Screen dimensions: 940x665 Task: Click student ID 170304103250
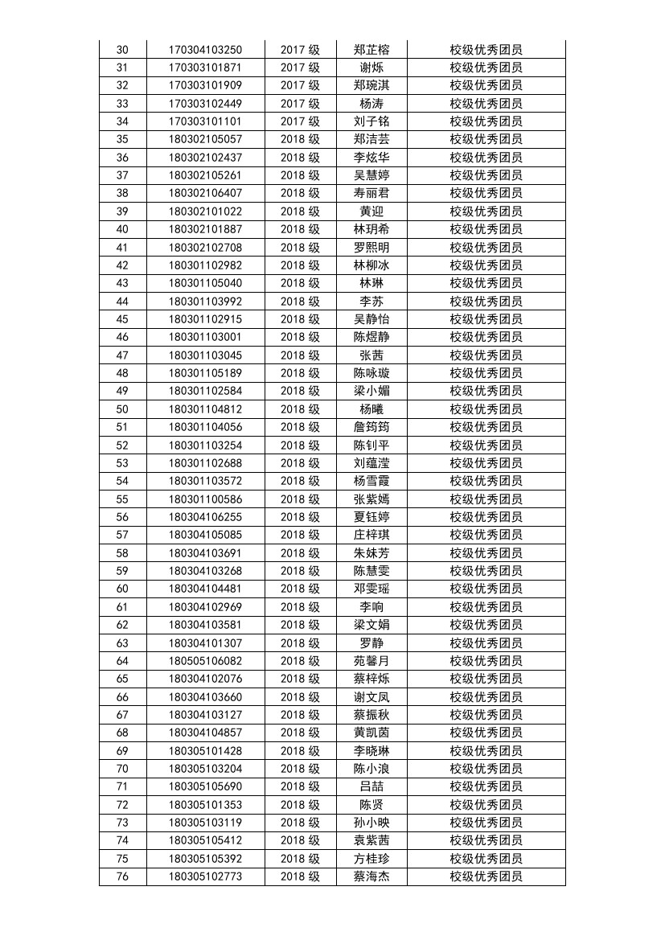pos(205,50)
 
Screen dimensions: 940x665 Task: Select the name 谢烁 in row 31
pos(371,68)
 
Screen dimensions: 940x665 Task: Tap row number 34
pos(122,121)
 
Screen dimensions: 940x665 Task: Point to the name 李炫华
pos(371,158)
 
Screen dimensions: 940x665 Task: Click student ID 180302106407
pos(205,193)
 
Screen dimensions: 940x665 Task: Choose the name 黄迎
pos(371,211)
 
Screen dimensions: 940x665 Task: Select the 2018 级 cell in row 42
pos(300,265)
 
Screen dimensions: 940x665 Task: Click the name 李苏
pos(371,302)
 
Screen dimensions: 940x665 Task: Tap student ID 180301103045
pos(205,355)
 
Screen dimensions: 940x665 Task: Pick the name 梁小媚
pos(371,391)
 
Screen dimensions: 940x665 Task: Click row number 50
pos(122,409)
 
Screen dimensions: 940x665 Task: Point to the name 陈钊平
pos(371,445)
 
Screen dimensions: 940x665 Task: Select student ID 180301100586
pos(205,499)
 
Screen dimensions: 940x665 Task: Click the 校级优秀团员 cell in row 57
pos(486,535)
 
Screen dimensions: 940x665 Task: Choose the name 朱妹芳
pos(371,553)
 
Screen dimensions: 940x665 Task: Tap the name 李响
pos(371,607)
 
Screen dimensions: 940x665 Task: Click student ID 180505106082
pos(205,661)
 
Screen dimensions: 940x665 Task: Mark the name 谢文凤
pos(371,697)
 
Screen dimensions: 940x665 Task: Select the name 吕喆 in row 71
pos(371,786)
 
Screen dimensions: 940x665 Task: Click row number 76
pos(122,876)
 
